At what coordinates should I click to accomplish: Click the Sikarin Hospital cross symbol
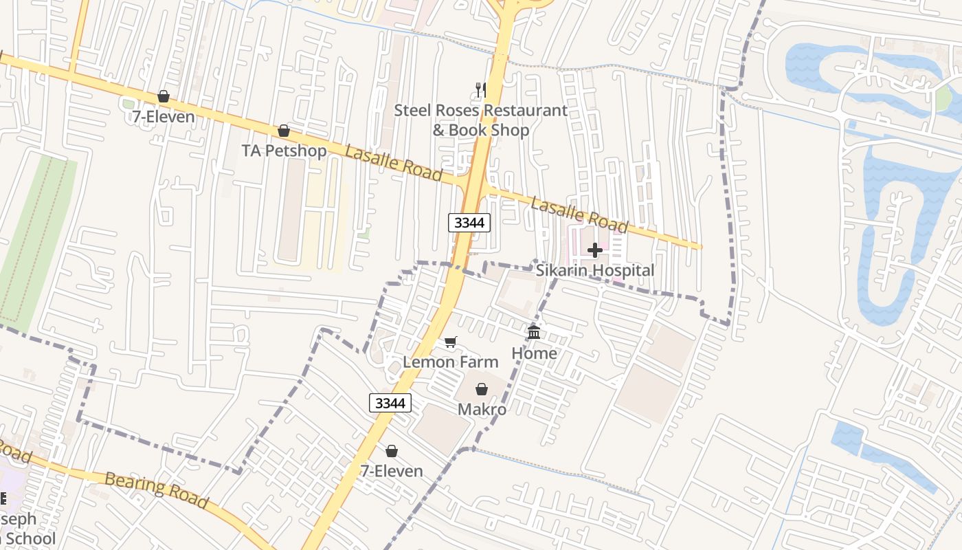595,250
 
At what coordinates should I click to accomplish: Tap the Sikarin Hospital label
595,270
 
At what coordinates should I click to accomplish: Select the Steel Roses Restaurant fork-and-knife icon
481,90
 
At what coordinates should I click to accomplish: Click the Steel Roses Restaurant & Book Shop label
481,120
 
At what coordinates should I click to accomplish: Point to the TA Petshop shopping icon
284,131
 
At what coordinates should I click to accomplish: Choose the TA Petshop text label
284,150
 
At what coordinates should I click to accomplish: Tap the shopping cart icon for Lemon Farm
451,342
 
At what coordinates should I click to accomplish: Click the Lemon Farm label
451,362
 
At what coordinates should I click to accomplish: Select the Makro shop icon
482,389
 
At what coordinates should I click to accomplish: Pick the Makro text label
482,409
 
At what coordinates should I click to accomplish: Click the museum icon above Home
534,333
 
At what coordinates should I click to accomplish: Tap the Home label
534,353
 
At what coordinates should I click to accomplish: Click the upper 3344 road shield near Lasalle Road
470,223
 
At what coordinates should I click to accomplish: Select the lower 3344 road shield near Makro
390,403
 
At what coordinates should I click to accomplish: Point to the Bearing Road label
156,489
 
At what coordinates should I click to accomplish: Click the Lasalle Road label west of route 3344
393,163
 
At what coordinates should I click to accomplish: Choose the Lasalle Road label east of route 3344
579,214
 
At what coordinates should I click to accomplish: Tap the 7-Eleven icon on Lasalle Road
164,96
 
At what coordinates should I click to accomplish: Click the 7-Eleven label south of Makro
392,471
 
